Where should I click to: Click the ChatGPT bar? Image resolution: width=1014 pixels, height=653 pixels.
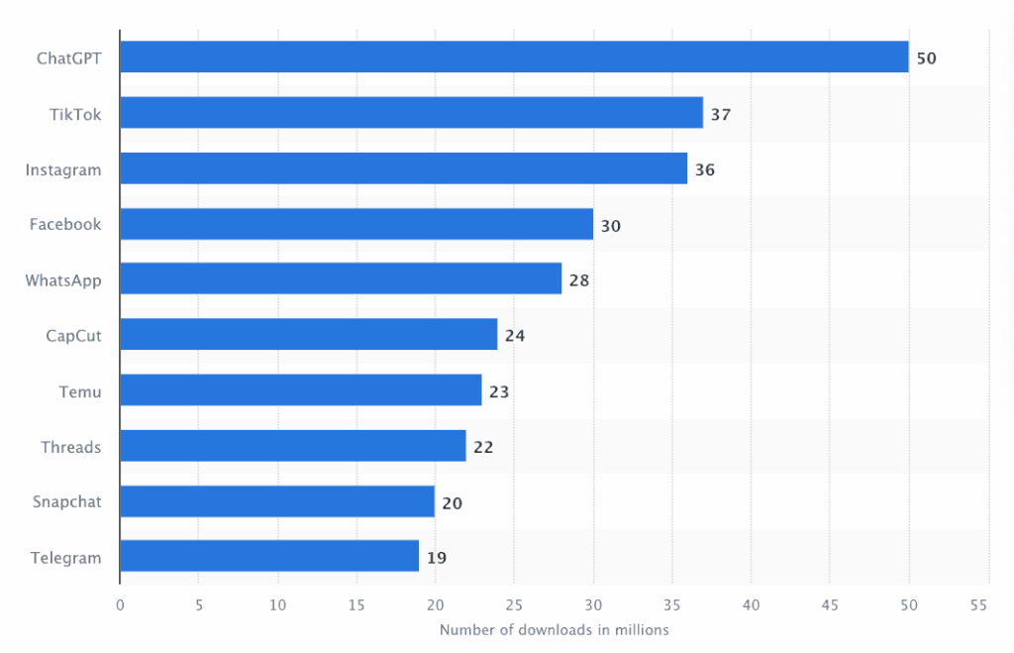pos(514,57)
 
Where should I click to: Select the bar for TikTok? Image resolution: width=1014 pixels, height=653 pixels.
pos(411,113)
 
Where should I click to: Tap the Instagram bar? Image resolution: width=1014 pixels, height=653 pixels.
pos(403,168)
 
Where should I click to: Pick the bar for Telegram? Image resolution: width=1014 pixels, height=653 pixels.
pos(268,557)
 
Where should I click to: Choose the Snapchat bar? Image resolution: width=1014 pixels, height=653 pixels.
pos(276,501)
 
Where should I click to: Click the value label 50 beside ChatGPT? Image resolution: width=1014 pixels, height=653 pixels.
pos(926,58)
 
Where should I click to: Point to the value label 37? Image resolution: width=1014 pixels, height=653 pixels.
pos(720,114)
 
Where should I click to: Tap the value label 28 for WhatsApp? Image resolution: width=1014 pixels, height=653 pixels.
pos(578,280)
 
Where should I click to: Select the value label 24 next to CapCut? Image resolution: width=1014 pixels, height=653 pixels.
pos(515,336)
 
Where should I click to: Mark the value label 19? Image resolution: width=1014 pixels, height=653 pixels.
pos(437,558)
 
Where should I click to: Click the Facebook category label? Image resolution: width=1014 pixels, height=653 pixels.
pos(65,224)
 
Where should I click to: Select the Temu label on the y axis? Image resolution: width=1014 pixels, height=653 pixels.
pos(80,391)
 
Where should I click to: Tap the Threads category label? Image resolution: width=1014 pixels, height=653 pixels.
pos(71,447)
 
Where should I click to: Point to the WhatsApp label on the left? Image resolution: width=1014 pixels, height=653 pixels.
pos(63,280)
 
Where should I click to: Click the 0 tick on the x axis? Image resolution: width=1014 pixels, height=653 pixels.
pos(120,604)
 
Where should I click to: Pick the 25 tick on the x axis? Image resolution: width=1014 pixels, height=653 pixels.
pos(514,604)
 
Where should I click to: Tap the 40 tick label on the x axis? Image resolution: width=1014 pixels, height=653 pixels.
pos(752,604)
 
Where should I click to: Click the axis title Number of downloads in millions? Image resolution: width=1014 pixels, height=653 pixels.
pos(554,630)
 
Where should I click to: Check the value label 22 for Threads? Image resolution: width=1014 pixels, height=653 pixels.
pos(483,447)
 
